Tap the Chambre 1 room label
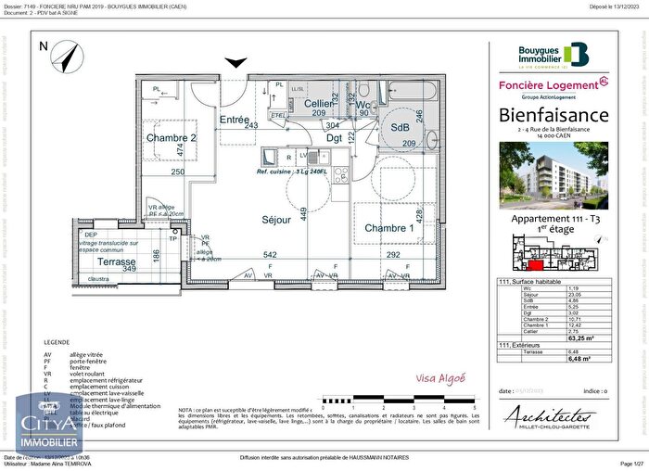(388, 228)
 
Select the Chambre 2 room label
(172, 138)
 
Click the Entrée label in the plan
(235, 120)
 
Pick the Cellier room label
(320, 104)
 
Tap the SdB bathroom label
(400, 127)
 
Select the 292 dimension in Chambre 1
(393, 254)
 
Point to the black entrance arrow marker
(237, 62)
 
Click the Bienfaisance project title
(554, 115)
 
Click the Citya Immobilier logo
(34, 425)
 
